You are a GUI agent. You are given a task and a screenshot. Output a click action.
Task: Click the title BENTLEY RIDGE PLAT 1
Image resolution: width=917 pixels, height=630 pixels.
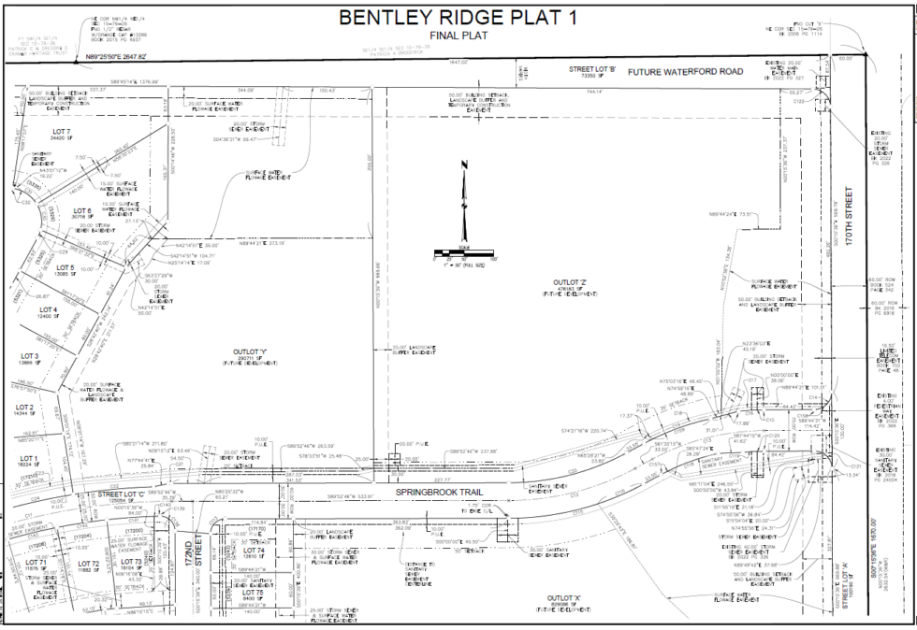[x=458, y=18]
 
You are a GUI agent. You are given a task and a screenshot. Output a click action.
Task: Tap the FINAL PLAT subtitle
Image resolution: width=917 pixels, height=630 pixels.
[x=458, y=36]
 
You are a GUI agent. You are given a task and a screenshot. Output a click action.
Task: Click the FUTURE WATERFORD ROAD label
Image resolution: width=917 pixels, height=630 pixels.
[x=684, y=72]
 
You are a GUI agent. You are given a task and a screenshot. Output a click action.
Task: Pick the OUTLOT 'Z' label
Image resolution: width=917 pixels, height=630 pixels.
[x=569, y=281]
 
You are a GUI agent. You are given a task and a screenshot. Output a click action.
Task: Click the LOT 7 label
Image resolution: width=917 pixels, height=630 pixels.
[x=63, y=131]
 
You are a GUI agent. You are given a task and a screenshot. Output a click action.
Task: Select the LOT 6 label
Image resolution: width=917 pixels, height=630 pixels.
[x=82, y=211]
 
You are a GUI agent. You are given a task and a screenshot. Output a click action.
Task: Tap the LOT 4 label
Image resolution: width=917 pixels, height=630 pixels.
[x=49, y=309]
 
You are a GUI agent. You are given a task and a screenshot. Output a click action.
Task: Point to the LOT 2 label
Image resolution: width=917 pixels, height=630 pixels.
[x=24, y=408]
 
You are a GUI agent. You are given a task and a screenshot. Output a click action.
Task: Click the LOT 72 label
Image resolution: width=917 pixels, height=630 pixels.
[x=89, y=564]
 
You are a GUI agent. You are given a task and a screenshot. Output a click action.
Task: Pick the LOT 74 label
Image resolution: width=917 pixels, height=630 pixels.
[x=255, y=551]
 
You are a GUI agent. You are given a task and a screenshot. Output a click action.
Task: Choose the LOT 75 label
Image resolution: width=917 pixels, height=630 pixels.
[x=255, y=593]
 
